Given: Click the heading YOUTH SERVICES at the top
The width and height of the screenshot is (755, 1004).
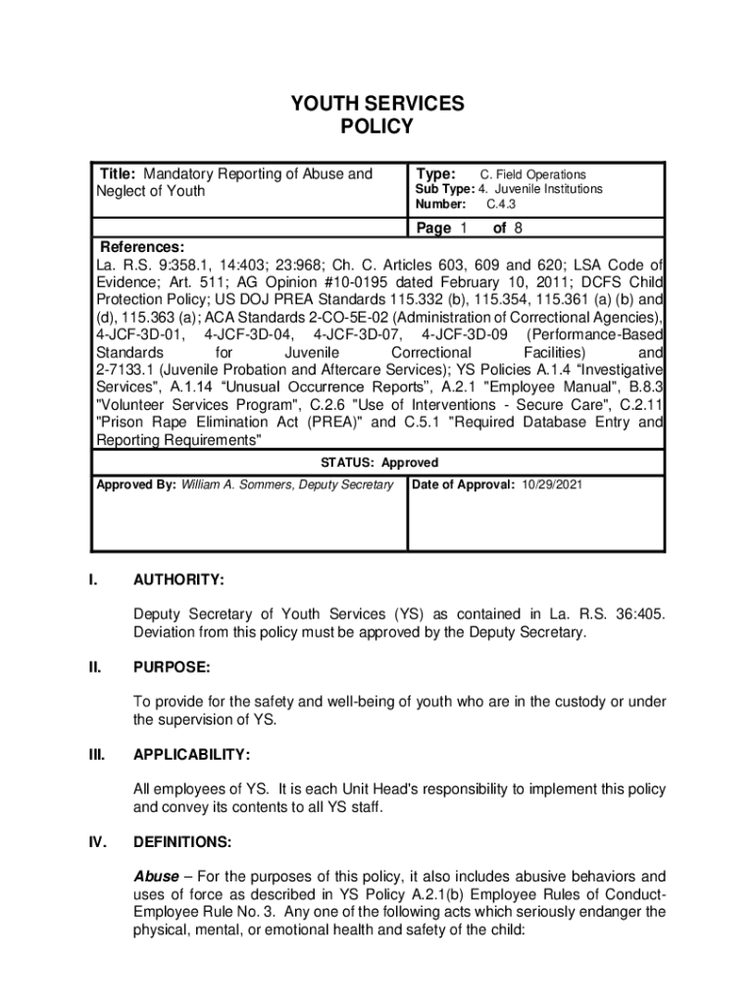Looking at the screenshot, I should tap(377, 104).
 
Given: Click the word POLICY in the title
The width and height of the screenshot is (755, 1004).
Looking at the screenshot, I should tap(377, 126).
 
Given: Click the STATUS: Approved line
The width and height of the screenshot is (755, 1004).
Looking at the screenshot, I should tap(377, 463).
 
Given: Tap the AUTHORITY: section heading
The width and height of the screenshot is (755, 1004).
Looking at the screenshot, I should tap(178, 580).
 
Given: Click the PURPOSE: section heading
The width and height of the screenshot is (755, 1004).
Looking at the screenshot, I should tap(172, 667).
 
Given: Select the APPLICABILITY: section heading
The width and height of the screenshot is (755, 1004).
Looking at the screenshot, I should tap(192, 754).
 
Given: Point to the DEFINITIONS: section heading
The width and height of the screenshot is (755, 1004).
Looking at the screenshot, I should tap(182, 841).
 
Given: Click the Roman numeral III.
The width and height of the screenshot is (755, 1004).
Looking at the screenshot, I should tap(96, 754).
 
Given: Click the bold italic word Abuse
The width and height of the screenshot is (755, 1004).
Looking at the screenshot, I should tap(156, 876).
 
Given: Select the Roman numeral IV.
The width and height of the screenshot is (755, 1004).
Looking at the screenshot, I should tap(96, 841).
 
